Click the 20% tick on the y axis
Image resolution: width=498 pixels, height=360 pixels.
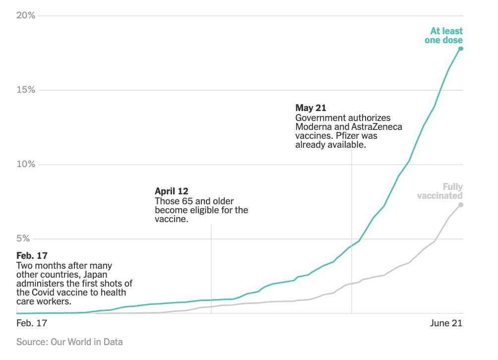[x=26, y=15]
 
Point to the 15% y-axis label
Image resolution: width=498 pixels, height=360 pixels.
[x=26, y=90]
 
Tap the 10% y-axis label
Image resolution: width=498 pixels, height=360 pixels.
[x=26, y=164]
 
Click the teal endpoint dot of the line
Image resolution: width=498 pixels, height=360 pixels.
[x=461, y=48]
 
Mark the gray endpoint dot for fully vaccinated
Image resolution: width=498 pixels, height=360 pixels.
[x=461, y=204]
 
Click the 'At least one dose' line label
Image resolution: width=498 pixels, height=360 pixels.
[x=443, y=36]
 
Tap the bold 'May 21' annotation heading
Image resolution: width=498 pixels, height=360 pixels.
[x=311, y=108]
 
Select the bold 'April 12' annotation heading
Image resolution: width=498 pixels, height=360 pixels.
[x=172, y=191]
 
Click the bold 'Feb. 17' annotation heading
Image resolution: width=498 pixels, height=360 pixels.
[x=32, y=255]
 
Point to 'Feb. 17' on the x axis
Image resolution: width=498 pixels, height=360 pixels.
[x=32, y=323]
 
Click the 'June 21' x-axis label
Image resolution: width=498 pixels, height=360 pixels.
[x=445, y=323]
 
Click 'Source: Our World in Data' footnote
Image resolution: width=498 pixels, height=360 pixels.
[x=69, y=342]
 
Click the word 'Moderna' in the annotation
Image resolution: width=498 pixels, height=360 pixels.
[x=316, y=127]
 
